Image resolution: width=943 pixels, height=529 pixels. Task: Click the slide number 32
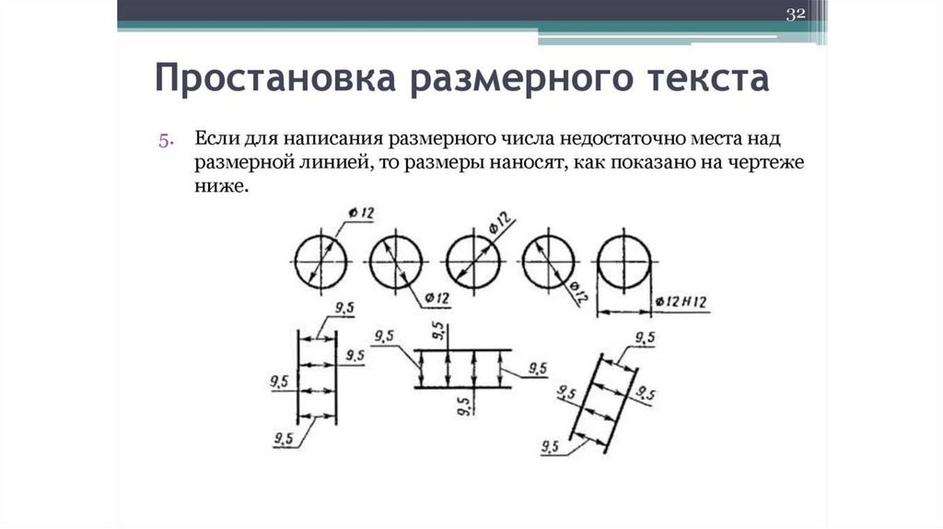point(795,14)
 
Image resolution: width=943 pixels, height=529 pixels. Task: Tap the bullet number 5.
point(166,141)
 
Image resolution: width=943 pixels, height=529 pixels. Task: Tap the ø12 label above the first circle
point(362,214)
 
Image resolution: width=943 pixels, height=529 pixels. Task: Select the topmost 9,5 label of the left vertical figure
point(345,310)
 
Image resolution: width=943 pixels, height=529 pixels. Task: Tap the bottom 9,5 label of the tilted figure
point(551,448)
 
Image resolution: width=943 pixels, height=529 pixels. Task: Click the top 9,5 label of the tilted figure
point(645,339)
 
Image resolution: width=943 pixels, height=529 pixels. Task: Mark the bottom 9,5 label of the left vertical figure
point(284,438)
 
